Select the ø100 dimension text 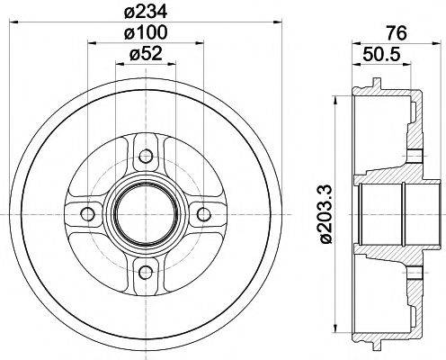tap(146, 33)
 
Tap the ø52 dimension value tap(146, 55)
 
